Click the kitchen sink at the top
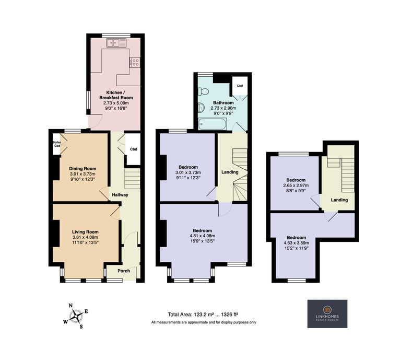pyautogui.click(x=116, y=43)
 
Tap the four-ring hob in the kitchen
pyautogui.click(x=135, y=62)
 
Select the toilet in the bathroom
pyautogui.click(x=203, y=91)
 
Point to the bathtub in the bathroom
pyautogui.click(x=213, y=124)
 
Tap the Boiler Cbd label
pyautogui.click(x=57, y=144)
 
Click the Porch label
pyautogui.click(x=124, y=271)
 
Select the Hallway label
pyautogui.click(x=120, y=195)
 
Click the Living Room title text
pyautogui.click(x=85, y=232)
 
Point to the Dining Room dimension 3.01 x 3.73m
pyautogui.click(x=82, y=174)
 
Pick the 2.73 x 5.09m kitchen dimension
pyautogui.click(x=116, y=103)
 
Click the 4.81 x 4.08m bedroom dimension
pyautogui.click(x=202, y=236)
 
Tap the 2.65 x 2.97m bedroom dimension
pyautogui.click(x=296, y=185)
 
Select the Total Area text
pyautogui.click(x=203, y=315)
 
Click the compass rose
pyautogui.click(x=76, y=316)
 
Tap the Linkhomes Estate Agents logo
pyautogui.click(x=327, y=313)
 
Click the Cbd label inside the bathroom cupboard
pyautogui.click(x=240, y=86)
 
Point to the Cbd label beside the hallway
pyautogui.click(x=134, y=149)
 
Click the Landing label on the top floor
pyautogui.click(x=339, y=200)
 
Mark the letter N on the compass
pyautogui.click(x=71, y=306)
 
